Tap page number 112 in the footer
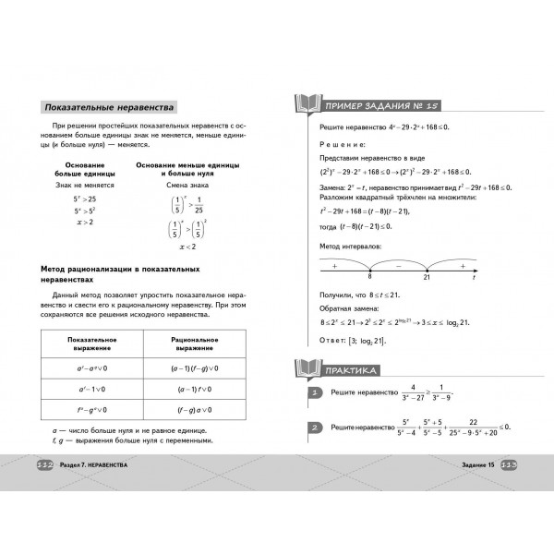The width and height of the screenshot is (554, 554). pos(45,464)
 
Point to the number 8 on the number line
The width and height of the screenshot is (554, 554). pos(368,276)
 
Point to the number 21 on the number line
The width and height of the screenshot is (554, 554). pos(427,276)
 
